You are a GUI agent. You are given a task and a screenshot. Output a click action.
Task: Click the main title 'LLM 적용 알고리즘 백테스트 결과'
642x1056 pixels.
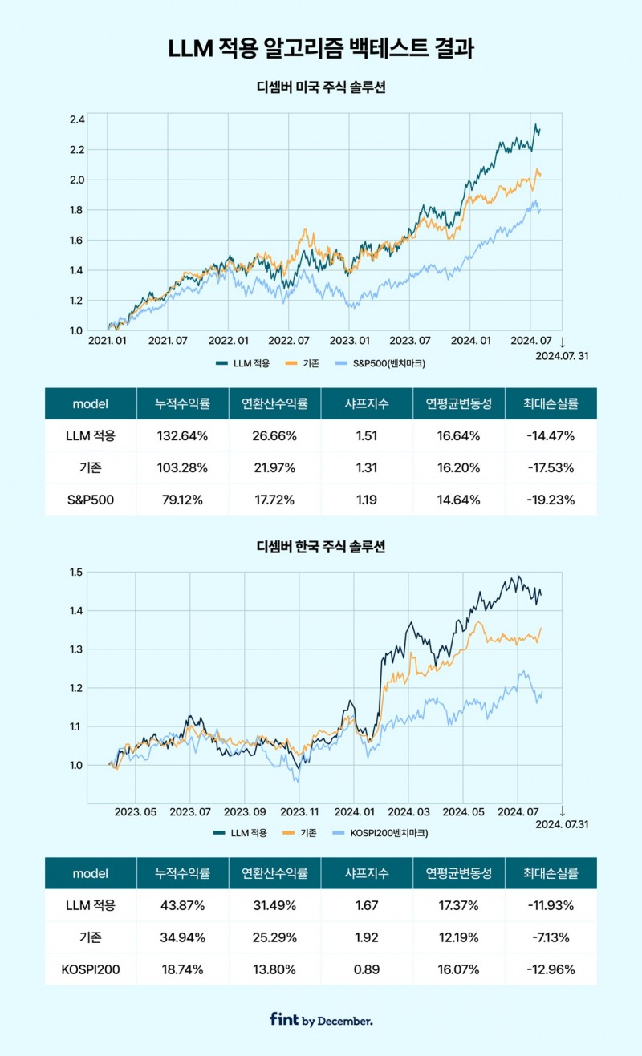pos(321,49)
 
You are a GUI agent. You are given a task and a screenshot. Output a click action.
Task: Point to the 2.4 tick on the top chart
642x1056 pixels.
pos(76,119)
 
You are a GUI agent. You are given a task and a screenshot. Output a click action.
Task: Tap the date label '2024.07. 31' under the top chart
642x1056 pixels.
pos(561,356)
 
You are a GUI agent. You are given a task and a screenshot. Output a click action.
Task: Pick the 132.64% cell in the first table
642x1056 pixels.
pos(183,435)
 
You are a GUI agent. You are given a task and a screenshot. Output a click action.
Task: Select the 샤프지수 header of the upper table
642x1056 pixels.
pos(366,404)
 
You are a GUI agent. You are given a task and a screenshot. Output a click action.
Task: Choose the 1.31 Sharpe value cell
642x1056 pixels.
pos(366,468)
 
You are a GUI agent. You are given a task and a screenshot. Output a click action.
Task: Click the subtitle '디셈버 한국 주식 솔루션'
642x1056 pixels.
pos(321,547)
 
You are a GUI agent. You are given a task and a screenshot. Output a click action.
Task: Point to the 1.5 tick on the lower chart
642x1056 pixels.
pos(76,573)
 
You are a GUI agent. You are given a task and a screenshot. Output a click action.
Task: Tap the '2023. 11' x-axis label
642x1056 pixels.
pos(299,811)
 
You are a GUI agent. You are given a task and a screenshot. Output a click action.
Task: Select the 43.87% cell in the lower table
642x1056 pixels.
pos(183,905)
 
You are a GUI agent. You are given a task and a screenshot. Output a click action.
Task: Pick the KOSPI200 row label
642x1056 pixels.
pos(90,969)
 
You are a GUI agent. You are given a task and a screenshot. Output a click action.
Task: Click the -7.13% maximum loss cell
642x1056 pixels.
pos(551,937)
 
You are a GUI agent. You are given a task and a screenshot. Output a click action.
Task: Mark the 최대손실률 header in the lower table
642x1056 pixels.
pos(551,873)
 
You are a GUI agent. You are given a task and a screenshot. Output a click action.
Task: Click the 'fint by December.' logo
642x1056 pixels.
pos(321,1020)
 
